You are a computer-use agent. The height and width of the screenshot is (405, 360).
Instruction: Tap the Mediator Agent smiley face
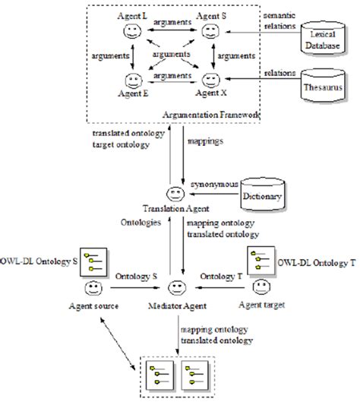point(175,288)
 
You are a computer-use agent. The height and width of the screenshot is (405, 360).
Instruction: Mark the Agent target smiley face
point(260,288)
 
